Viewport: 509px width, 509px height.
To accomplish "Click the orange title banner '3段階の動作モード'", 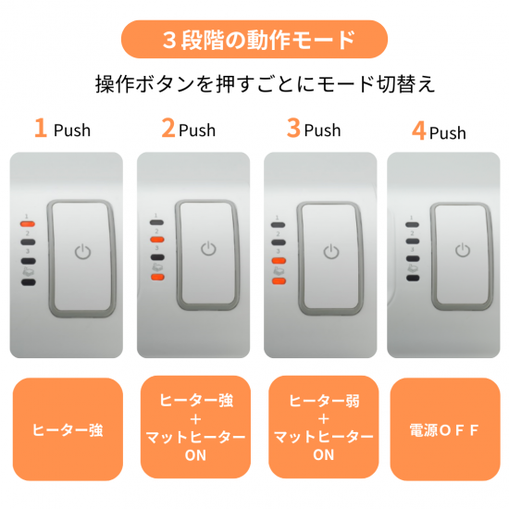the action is (254, 39).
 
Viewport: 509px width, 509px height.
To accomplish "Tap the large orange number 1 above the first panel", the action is (41, 128).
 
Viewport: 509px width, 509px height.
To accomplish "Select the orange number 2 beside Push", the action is (168, 128).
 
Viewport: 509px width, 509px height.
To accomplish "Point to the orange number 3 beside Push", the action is (293, 128).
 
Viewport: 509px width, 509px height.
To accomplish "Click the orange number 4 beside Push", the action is (418, 130).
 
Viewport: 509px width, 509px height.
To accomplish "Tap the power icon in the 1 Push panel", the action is (82, 252).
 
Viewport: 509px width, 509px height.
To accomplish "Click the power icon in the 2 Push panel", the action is (208, 249).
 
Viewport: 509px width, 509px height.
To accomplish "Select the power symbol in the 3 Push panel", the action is (331, 252).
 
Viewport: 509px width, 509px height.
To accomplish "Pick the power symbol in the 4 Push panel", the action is (462, 250).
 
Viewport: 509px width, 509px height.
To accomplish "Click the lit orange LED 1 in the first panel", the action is (28, 224).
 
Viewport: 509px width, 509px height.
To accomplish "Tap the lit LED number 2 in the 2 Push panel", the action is (156, 240).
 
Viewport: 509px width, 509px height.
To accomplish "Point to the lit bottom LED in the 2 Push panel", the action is (157, 278).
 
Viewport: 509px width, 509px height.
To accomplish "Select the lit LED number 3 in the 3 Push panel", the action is (279, 260).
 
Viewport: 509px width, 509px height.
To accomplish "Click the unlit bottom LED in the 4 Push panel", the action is (413, 278).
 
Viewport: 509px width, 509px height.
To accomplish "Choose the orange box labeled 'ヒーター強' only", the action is (68, 429).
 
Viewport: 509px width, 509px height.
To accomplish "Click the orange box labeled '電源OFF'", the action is (445, 429).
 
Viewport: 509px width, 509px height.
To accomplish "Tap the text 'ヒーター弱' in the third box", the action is (324, 401).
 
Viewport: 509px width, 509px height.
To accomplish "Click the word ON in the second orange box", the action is (195, 455).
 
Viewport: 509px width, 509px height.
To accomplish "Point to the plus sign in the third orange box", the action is (324, 419).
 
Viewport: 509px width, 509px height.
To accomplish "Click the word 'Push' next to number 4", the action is (448, 132).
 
